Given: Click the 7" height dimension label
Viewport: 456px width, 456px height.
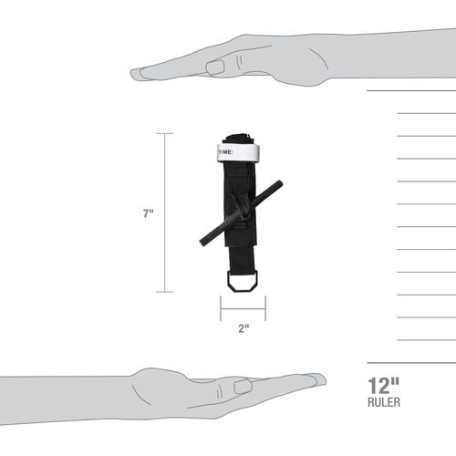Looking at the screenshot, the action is [149, 213].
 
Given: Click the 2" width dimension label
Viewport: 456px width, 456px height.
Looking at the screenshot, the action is [244, 328].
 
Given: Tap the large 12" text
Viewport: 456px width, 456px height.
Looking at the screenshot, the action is [384, 386].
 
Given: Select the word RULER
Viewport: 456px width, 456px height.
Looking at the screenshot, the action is [384, 402].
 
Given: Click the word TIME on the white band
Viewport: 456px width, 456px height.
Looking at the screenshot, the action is [225, 152].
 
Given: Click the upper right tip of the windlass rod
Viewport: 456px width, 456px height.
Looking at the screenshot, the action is [280, 183].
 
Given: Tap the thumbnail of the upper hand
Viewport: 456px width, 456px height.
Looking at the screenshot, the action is [215, 67].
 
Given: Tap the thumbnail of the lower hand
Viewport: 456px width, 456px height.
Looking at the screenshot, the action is [243, 387].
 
